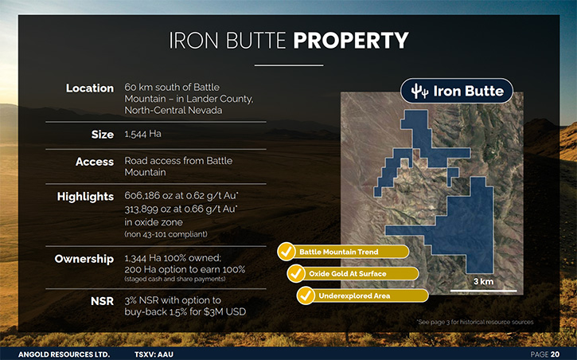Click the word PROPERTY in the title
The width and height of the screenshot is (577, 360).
[x=351, y=40]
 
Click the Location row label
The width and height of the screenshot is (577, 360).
[x=90, y=88]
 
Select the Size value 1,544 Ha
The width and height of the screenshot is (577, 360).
[x=142, y=134]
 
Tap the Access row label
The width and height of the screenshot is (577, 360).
[x=95, y=162]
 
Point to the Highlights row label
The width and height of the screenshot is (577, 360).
[x=85, y=197]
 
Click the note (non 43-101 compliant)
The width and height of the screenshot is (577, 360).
[x=166, y=234]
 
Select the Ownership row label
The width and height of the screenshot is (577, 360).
[x=84, y=259]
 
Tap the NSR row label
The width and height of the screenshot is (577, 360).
[x=103, y=301]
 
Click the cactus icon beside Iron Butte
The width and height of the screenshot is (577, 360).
[x=419, y=91]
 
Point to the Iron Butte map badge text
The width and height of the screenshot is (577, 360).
[x=469, y=91]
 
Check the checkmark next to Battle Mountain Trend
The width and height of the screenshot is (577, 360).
[x=286, y=252]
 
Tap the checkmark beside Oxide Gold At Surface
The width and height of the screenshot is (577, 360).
[x=296, y=273]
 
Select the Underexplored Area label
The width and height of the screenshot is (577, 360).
[x=354, y=296]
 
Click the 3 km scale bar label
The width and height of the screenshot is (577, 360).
[x=484, y=282]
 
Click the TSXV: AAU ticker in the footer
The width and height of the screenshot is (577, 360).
[x=154, y=355]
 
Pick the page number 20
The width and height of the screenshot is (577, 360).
[x=555, y=354]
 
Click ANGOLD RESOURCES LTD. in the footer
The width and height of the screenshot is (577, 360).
[x=64, y=355]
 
